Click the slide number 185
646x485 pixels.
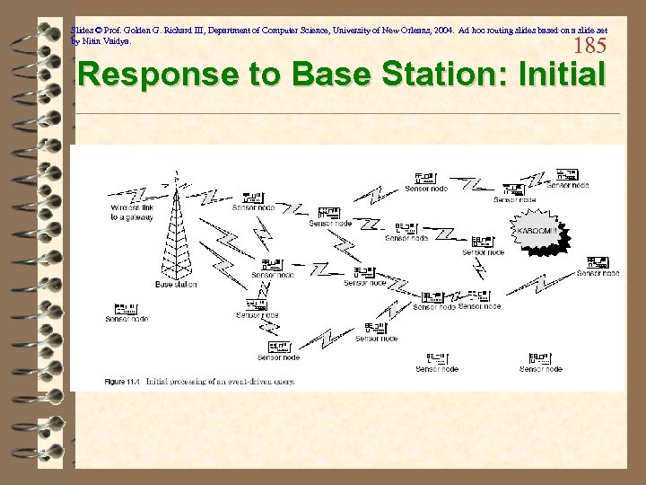[x=589, y=46]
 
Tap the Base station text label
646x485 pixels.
[x=176, y=285]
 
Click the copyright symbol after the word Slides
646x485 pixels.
[x=97, y=30]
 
